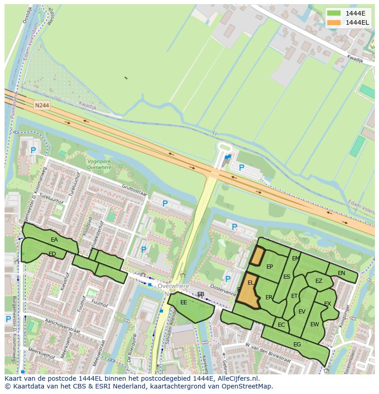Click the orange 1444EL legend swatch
[334, 22]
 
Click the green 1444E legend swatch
[334, 13]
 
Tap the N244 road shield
[42, 105]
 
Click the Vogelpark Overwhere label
[99, 165]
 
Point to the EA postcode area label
[54, 240]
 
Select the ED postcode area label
[52, 254]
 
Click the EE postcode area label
[184, 302]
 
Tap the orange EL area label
[250, 283]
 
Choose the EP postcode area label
[270, 267]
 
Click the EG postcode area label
[297, 345]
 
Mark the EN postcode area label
[341, 273]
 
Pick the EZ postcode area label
[319, 281]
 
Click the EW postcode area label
[314, 324]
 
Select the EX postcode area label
[327, 304]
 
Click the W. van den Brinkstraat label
[268, 352]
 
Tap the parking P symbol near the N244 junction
[242, 167]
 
